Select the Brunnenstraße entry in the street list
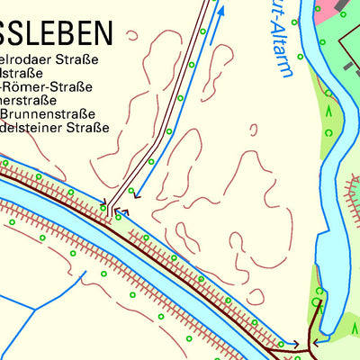pyautogui.click(x=49, y=114)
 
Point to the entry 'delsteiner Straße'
pyautogui.click(x=54, y=128)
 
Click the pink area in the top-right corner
pyautogui.click(x=328, y=11)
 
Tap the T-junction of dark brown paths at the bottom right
pyautogui.click(x=310, y=345)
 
